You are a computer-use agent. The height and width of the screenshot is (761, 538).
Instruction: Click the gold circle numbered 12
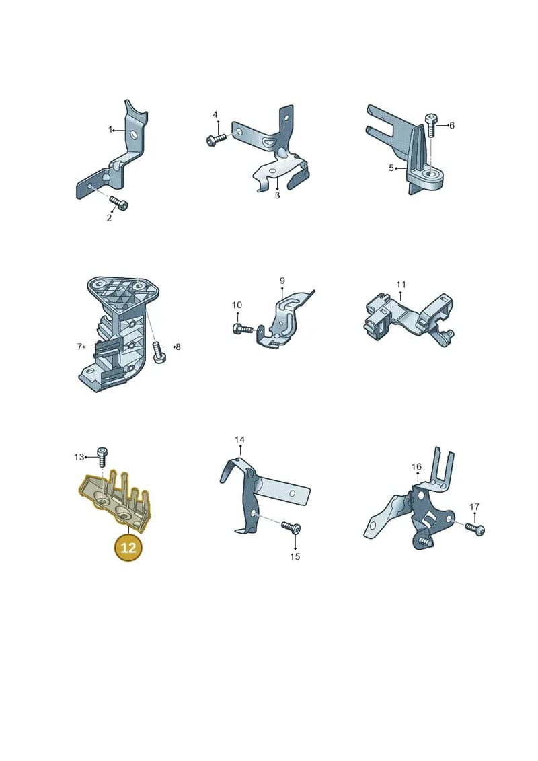128,548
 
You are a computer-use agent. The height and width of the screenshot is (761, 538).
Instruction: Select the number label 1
110,130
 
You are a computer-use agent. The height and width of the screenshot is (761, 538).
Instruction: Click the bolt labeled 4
217,139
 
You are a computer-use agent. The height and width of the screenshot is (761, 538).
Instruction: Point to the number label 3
278,196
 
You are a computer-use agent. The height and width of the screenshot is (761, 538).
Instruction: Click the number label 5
391,168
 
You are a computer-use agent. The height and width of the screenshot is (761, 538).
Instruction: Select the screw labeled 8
159,351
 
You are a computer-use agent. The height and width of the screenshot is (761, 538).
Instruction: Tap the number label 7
79,347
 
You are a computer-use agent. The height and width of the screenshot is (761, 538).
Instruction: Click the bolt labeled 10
243,330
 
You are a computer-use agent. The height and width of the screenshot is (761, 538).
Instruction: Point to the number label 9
282,281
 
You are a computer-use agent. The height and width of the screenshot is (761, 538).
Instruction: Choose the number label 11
401,285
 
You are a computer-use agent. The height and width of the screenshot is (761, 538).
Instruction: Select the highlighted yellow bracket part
116,500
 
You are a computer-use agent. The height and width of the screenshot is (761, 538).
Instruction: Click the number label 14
239,439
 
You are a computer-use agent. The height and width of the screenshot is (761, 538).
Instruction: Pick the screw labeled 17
475,528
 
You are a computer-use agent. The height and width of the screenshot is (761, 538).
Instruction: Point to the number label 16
417,466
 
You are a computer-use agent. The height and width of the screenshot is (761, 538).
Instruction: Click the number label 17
475,507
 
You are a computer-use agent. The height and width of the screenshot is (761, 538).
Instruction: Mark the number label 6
452,125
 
